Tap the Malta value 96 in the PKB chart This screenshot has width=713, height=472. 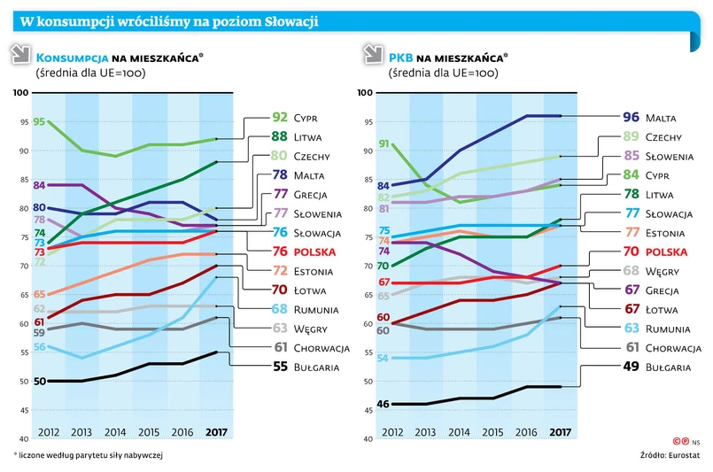coord(631,117)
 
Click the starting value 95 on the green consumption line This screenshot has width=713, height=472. coord(40,121)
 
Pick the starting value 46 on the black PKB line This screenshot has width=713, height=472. coord(384,404)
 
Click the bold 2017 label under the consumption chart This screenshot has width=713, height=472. coord(215,431)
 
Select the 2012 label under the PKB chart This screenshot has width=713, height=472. coord(391,431)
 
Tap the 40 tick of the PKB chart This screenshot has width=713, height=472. coord(363,439)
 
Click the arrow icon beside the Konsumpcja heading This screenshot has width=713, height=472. coord(19,57)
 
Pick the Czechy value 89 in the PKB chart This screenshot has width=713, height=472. coord(631,136)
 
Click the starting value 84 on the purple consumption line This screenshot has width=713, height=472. coord(40,185)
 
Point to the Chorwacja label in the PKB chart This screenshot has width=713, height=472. coord(673,348)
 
